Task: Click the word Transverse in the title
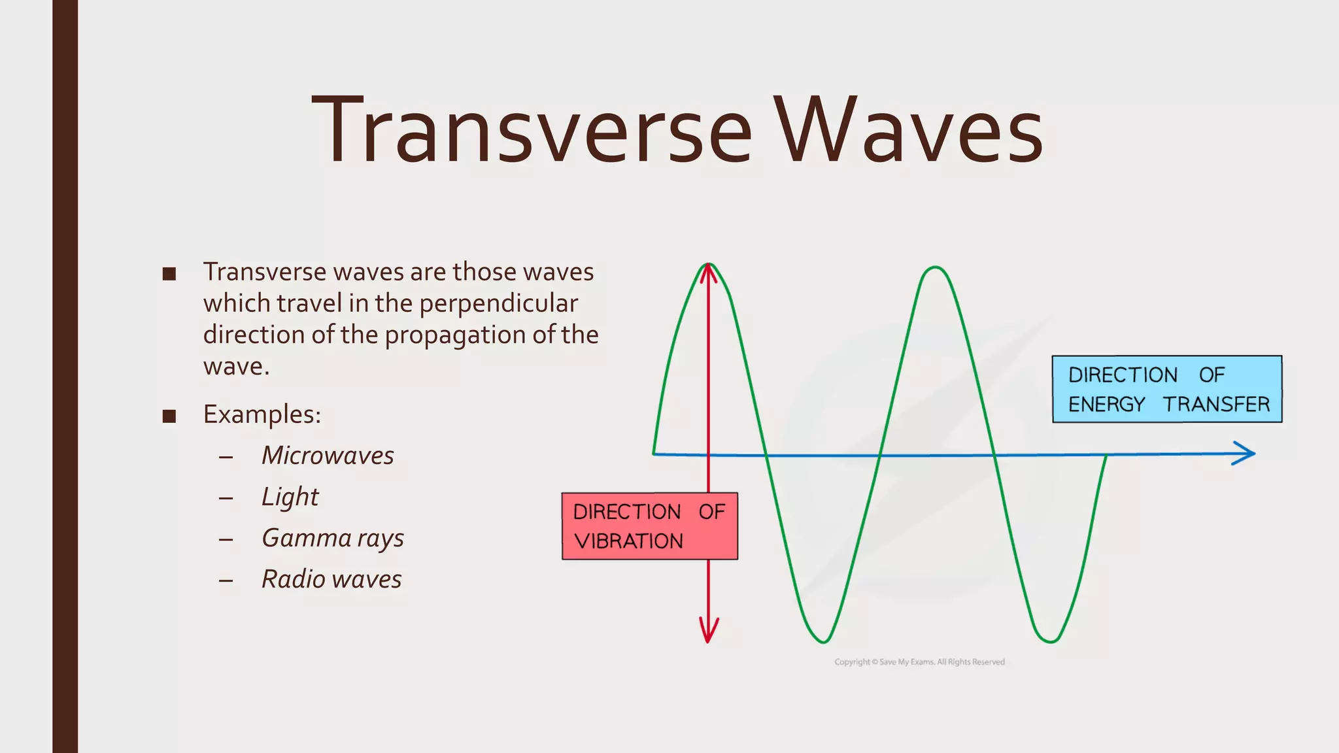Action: [531, 131]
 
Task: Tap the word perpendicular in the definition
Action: [498, 303]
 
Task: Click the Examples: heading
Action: [262, 414]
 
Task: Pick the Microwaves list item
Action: [328, 456]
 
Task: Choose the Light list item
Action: [290, 497]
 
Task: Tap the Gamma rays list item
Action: [332, 538]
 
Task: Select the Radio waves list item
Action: [331, 579]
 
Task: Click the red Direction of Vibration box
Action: [649, 526]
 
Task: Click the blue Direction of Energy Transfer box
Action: [1167, 389]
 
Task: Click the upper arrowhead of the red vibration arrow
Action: [708, 273]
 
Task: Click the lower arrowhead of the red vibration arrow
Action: [708, 631]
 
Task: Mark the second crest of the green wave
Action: [936, 268]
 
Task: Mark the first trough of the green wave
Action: [823, 640]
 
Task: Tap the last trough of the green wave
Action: [1050, 641]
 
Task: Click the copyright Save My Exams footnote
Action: [919, 662]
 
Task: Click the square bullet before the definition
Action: [169, 274]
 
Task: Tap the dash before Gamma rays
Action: [226, 539]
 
